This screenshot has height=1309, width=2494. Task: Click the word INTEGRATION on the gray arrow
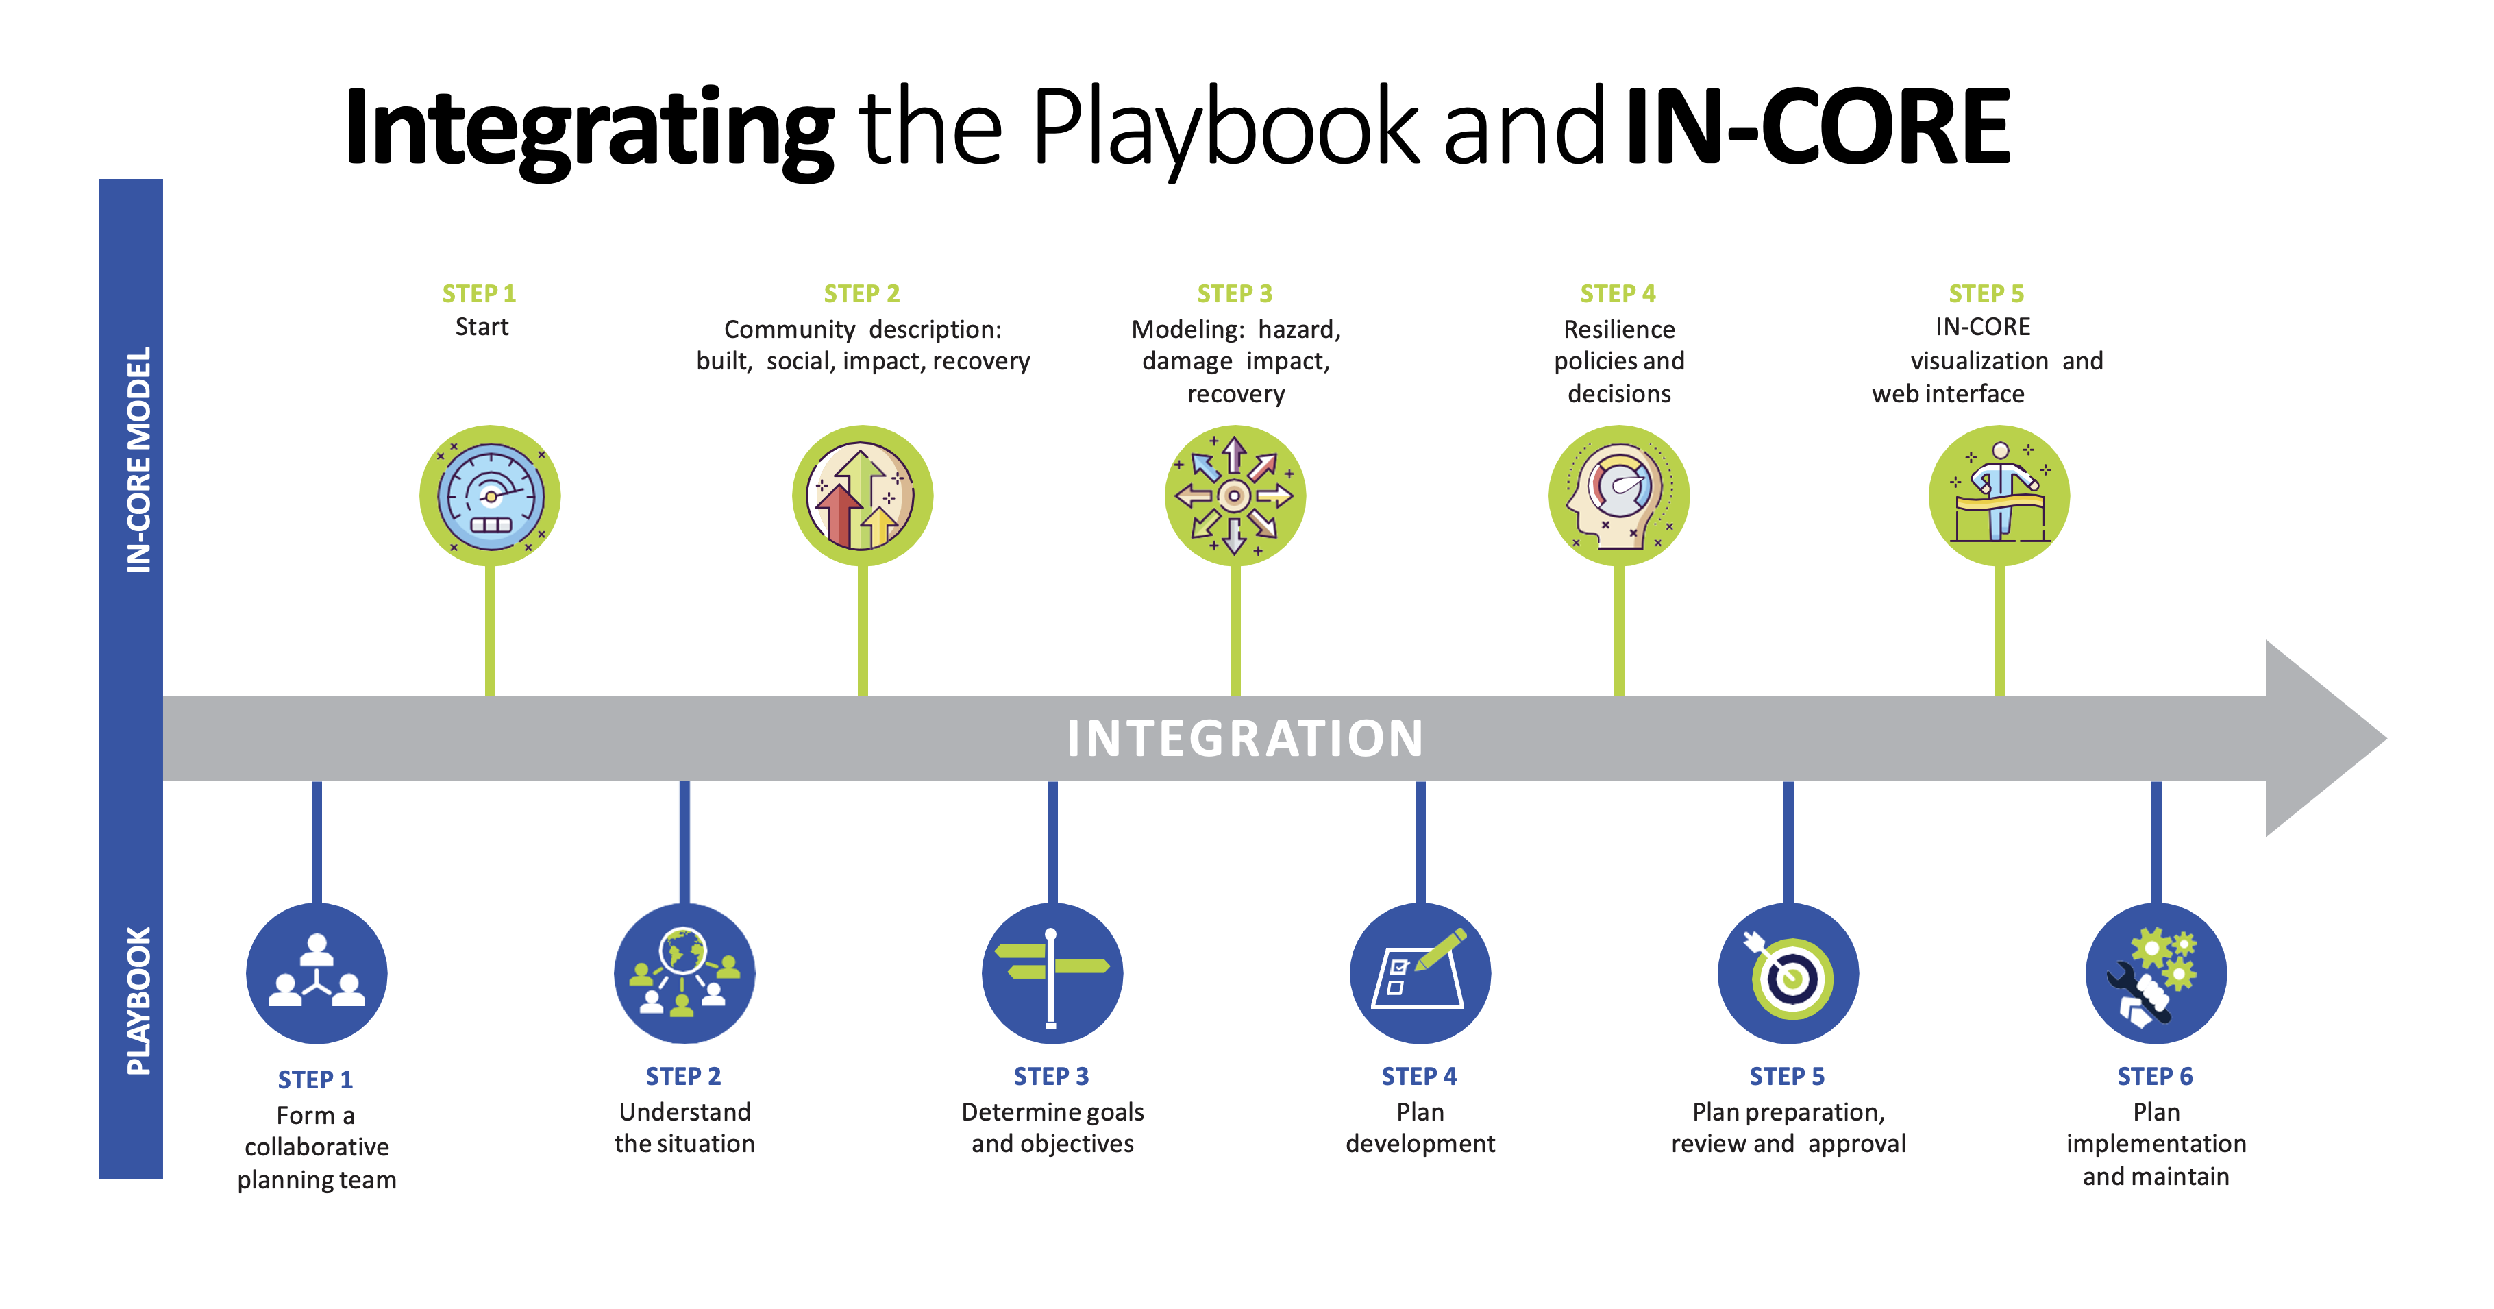(x=1245, y=739)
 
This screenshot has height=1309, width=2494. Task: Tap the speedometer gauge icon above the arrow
(x=490, y=496)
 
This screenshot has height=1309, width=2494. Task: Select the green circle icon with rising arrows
(x=863, y=496)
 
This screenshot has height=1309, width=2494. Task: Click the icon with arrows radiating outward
(x=1235, y=496)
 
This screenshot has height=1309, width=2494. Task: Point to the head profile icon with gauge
(x=1619, y=496)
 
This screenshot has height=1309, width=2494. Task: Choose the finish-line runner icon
(x=1999, y=496)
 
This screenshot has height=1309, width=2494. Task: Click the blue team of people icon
(x=317, y=973)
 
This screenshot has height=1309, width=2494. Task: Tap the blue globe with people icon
(x=684, y=973)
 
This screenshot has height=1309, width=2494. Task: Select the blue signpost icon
(x=1052, y=973)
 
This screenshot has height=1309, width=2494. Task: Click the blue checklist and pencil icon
(x=1420, y=973)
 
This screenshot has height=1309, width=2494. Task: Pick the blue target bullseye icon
(x=1788, y=973)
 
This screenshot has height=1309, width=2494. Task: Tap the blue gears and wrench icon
(x=2156, y=973)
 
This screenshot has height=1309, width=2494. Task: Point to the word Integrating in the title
(x=589, y=131)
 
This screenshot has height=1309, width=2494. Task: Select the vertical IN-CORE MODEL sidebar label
(x=139, y=460)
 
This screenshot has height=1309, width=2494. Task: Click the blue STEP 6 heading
(x=2155, y=1077)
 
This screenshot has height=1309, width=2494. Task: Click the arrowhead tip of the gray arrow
(x=2386, y=739)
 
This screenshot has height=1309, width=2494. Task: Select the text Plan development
(x=1420, y=1128)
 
